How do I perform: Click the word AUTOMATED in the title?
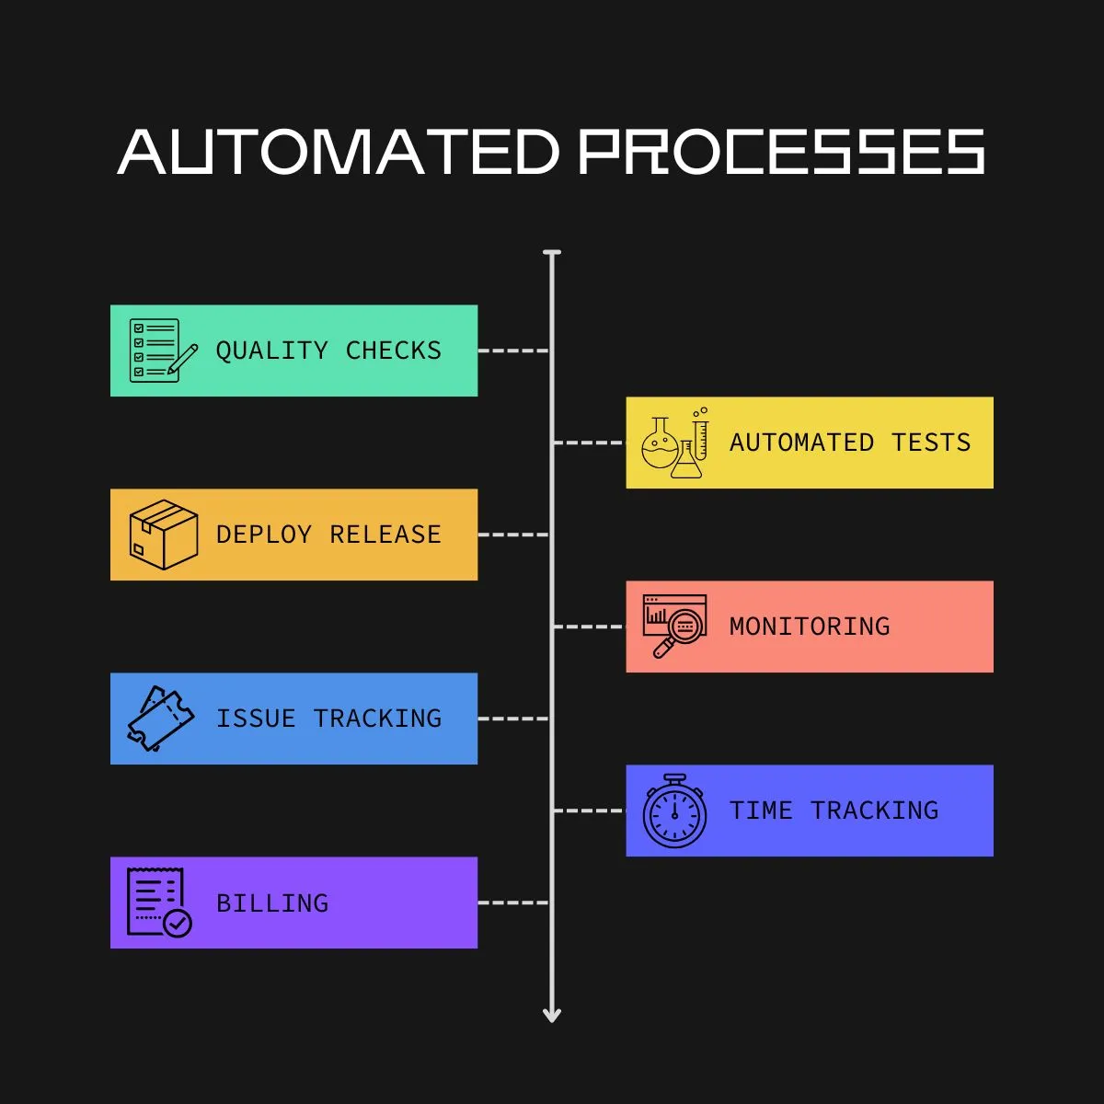[339, 152]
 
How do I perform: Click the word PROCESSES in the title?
[782, 152]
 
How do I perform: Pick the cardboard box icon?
[163, 535]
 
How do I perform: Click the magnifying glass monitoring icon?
[674, 627]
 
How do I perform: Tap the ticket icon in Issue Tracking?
[160, 719]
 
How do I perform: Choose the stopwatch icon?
[674, 811]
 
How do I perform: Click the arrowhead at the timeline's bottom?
[552, 1014]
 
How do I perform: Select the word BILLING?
[272, 903]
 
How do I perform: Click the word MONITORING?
[810, 627]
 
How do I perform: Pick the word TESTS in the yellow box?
[931, 443]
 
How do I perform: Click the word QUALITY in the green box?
[271, 351]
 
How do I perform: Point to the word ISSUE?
[256, 719]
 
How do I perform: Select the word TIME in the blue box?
[761, 811]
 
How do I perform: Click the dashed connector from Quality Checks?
[513, 351]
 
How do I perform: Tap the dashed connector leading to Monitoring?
[589, 627]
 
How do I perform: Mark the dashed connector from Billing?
[513, 903]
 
